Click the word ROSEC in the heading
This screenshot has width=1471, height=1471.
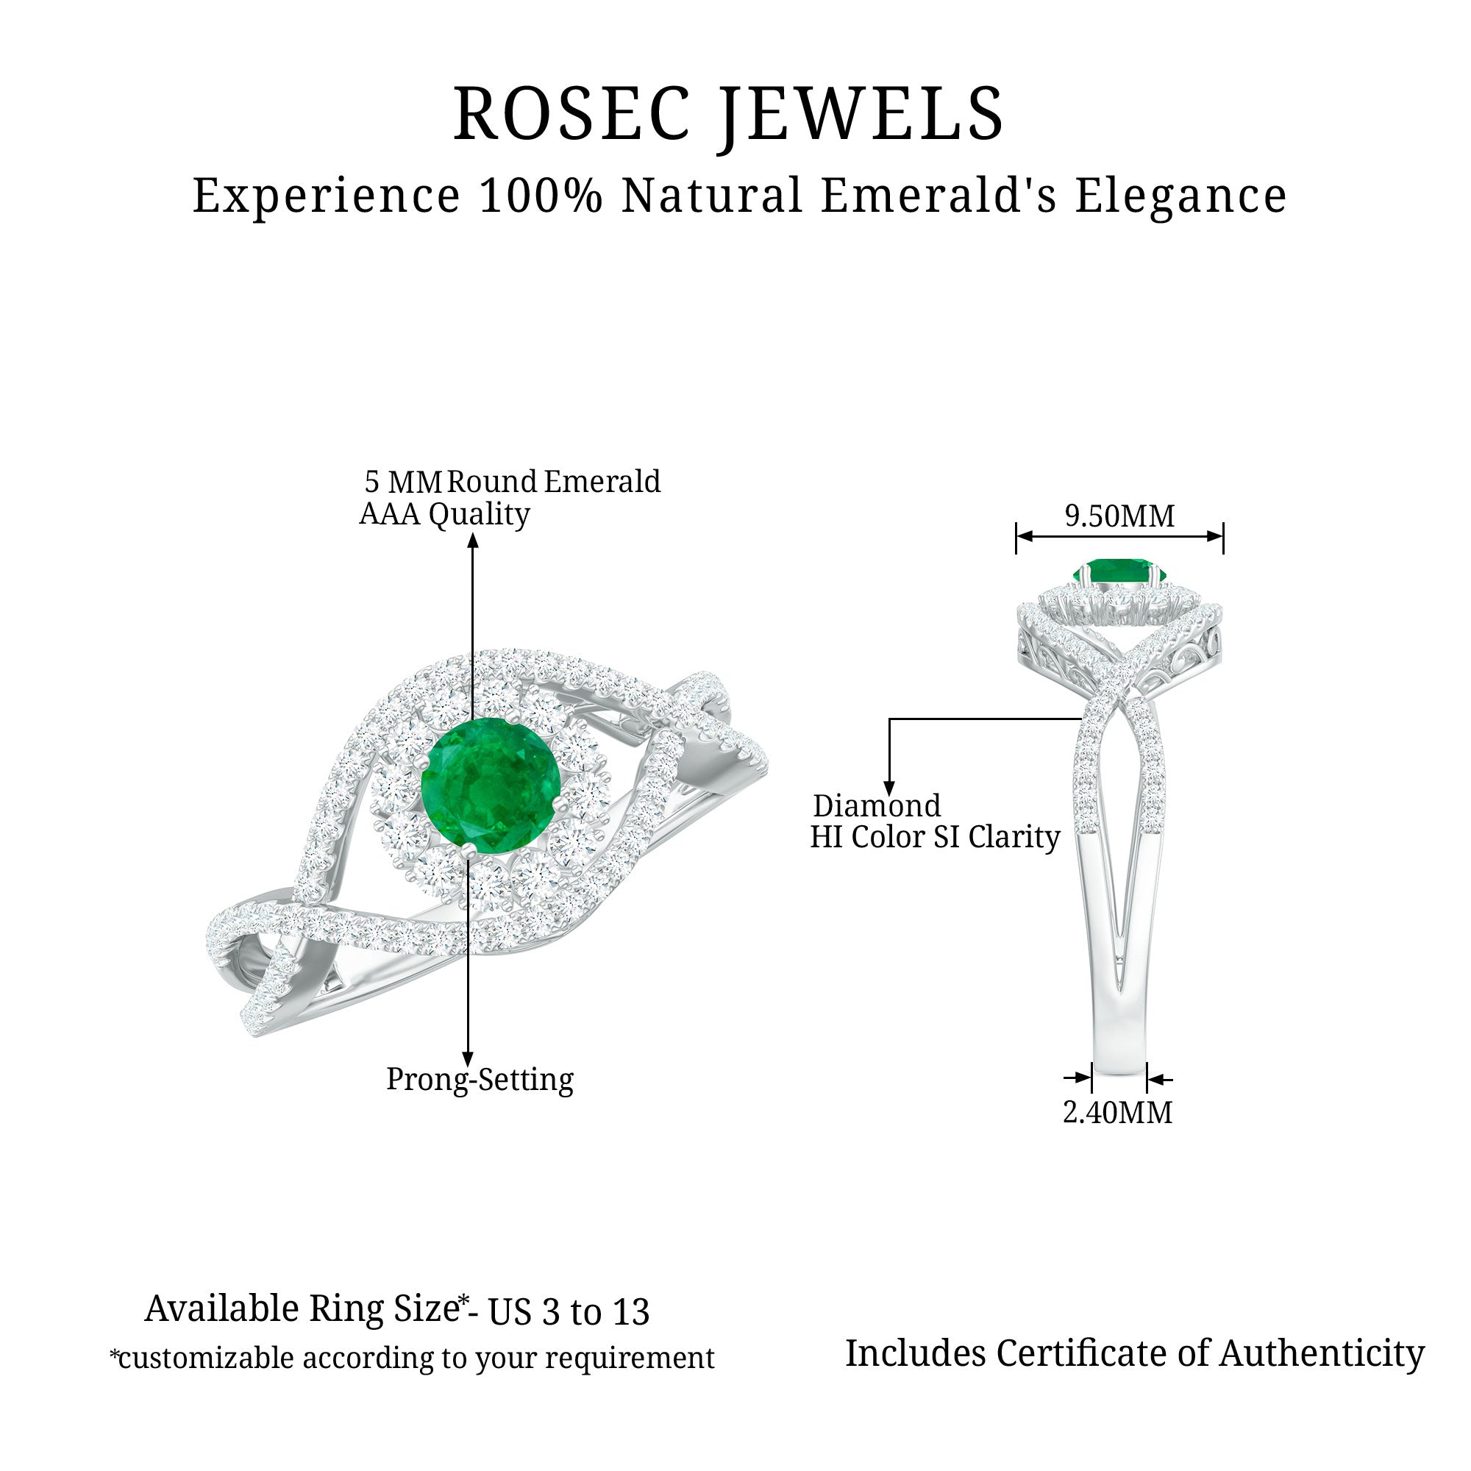571,114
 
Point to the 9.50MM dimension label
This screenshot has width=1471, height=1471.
1119,516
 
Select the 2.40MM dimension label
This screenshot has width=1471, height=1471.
1117,1112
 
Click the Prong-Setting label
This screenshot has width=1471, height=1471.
480,1080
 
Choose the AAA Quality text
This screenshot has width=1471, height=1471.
444,514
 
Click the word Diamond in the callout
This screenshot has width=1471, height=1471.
877,805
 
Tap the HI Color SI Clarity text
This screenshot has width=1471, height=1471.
934,837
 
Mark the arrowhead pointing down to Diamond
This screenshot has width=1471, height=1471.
888,788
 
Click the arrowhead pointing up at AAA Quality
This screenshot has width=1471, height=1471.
473,541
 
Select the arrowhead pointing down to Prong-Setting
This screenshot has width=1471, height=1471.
468,1059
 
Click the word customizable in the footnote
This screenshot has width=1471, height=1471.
206,1358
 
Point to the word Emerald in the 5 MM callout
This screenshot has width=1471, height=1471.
602,481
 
